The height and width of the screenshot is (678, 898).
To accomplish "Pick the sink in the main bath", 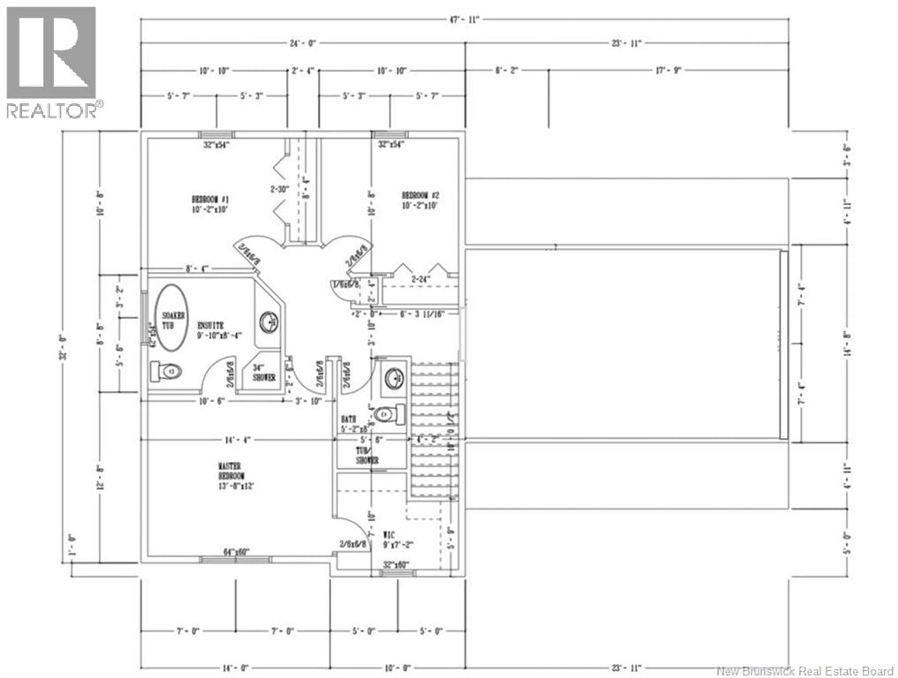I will tap(393, 378).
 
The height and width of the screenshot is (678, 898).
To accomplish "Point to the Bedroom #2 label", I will tap(420, 200).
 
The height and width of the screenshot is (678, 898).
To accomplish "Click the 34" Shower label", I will tap(264, 372).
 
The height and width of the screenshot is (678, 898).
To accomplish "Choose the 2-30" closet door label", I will tap(280, 189).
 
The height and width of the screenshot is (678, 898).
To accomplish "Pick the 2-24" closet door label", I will tap(420, 279).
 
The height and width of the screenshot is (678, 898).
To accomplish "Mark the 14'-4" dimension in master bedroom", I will tap(238, 440).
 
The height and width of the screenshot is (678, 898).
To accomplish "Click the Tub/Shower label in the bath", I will tap(367, 455).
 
